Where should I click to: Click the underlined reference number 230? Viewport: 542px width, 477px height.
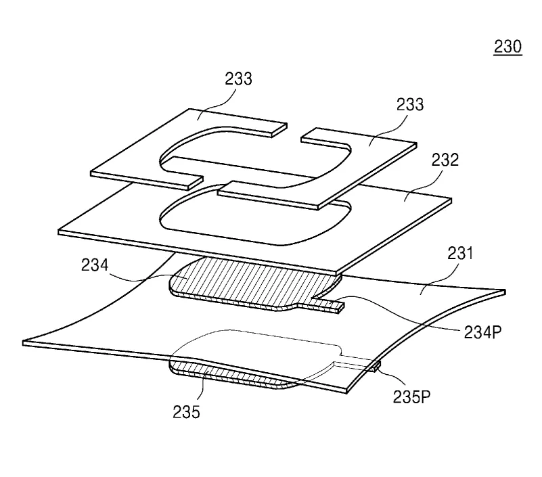click(507, 47)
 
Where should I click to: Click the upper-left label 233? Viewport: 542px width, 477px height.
click(238, 78)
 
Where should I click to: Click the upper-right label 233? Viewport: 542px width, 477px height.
click(410, 104)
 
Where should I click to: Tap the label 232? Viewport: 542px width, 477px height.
click(445, 160)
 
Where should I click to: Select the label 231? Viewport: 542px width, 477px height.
click(460, 253)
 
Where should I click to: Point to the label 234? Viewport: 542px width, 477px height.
click(95, 265)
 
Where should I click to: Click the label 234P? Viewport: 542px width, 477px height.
click(482, 332)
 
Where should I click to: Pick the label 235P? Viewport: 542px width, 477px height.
click(411, 396)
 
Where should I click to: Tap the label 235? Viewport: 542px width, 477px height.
click(186, 412)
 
